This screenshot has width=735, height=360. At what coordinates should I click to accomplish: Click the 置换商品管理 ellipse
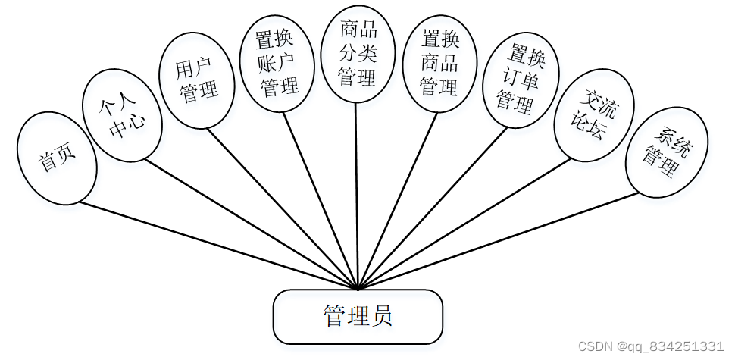click(439, 64)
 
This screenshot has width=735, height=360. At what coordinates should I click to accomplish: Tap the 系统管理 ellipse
click(667, 152)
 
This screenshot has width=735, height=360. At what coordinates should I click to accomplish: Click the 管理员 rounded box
click(358, 316)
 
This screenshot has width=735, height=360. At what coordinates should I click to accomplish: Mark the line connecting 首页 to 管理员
click(217, 245)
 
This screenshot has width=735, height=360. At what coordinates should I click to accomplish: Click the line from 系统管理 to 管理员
click(498, 241)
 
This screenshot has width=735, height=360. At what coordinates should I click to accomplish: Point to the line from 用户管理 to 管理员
click(282, 208)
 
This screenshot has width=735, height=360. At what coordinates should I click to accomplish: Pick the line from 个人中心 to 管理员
click(250, 224)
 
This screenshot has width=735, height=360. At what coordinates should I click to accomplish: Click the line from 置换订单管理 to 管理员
click(432, 208)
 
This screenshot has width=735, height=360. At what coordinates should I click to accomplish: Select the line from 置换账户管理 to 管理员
click(321, 200)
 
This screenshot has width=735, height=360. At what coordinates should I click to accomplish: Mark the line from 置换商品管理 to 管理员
click(396, 200)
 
